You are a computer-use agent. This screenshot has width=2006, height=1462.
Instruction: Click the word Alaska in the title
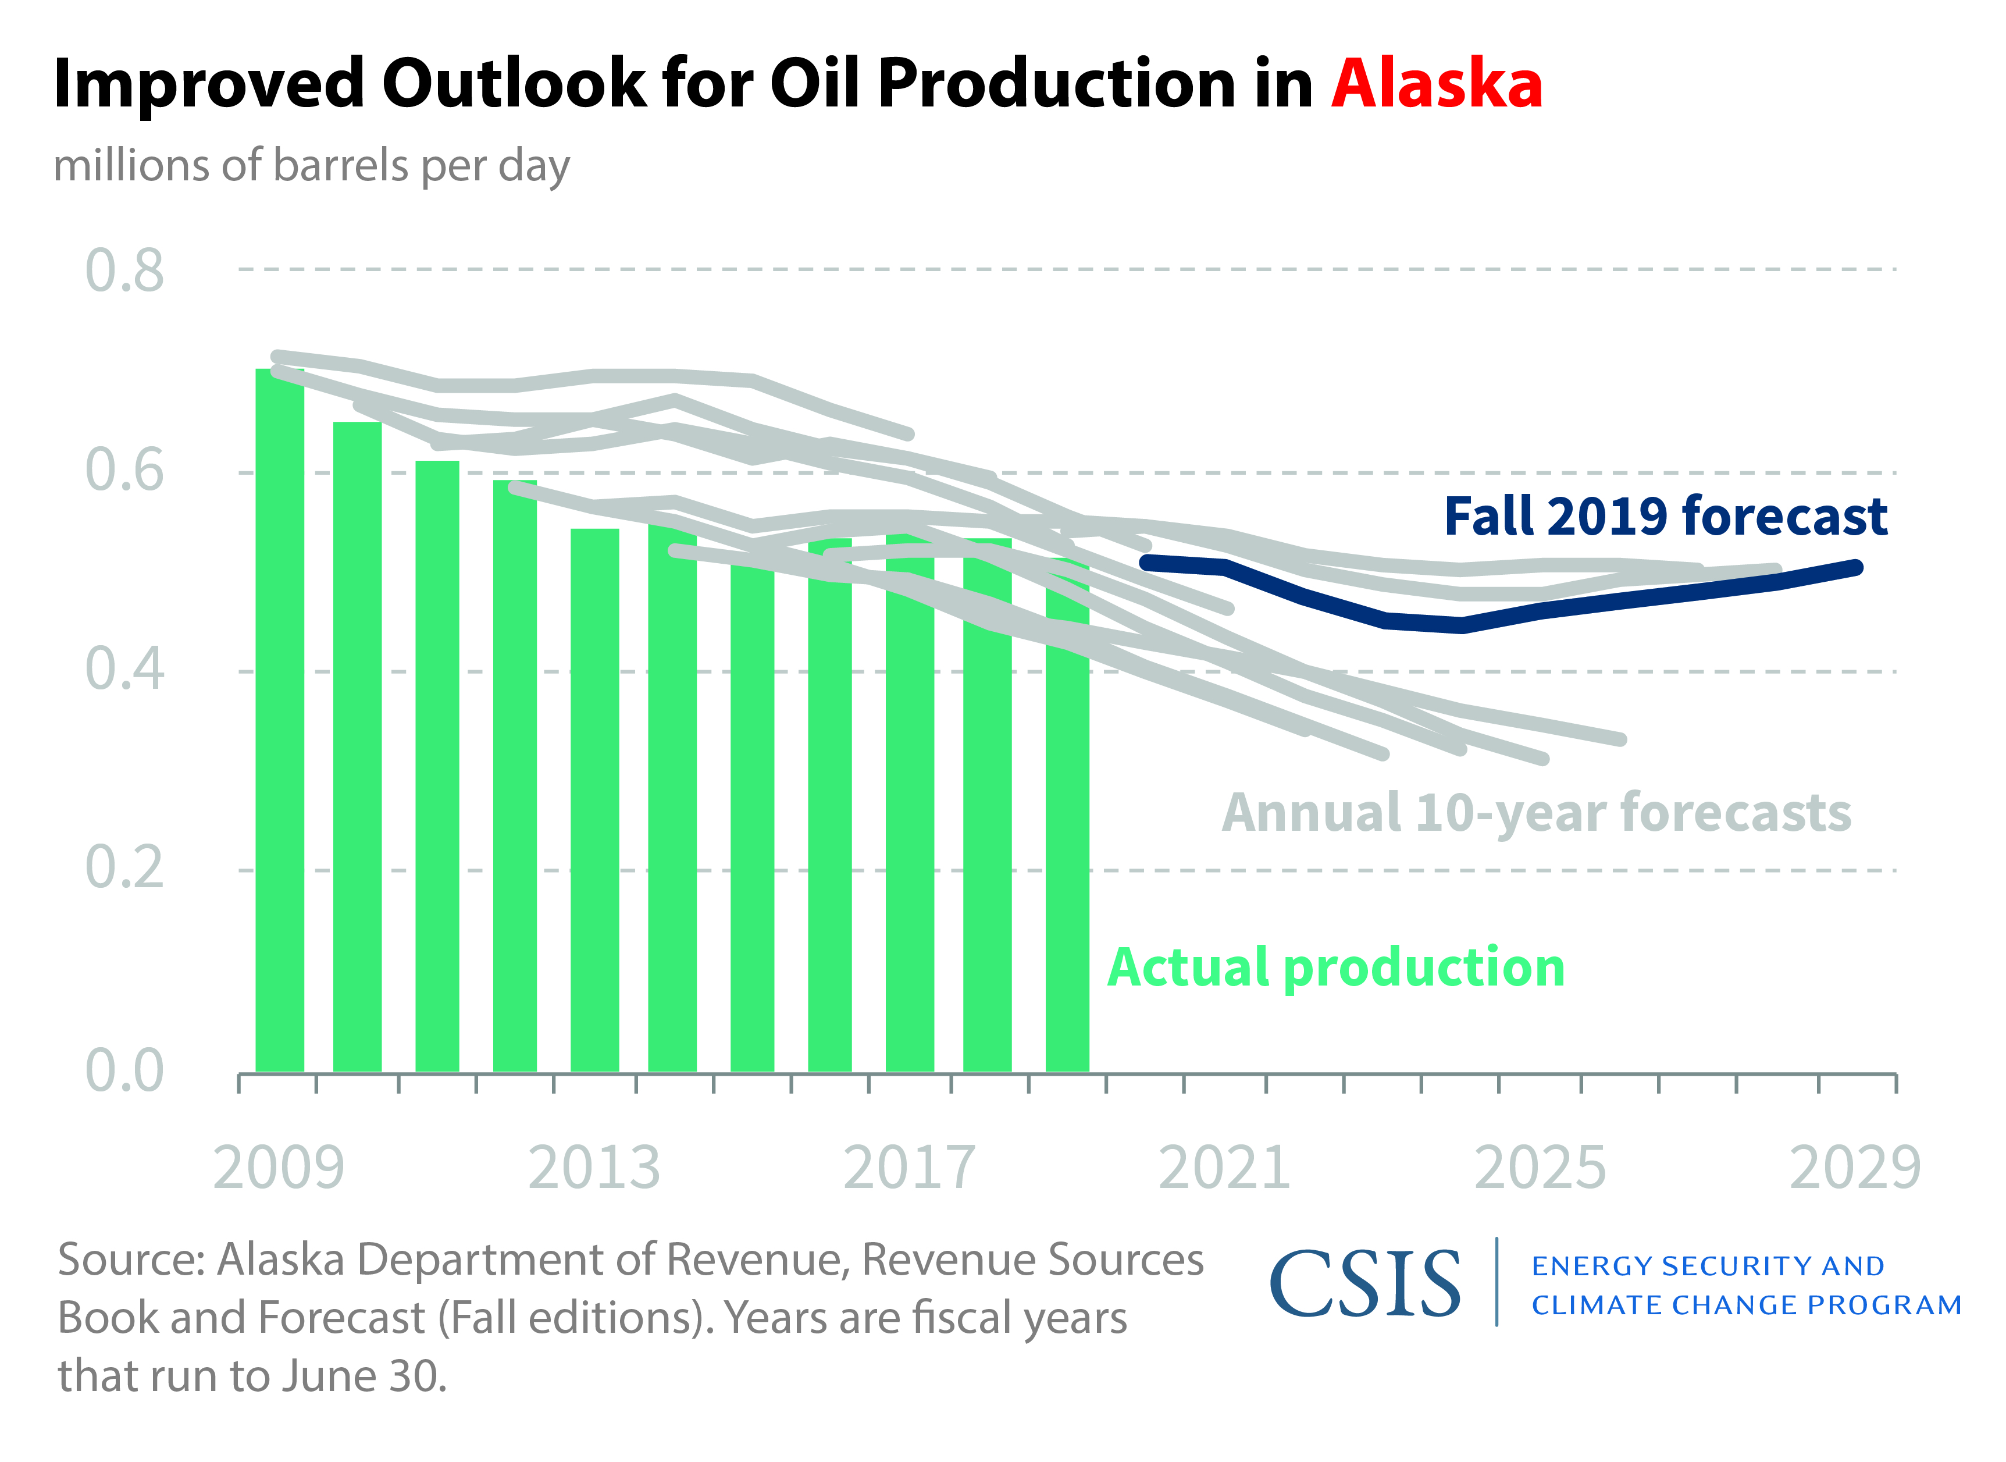(x=1436, y=84)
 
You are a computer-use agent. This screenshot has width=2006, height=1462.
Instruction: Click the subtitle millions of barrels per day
(x=312, y=165)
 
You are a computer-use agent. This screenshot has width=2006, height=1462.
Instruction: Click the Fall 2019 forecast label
(x=1665, y=516)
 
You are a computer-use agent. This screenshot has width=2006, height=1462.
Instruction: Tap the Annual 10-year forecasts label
(x=1536, y=812)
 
